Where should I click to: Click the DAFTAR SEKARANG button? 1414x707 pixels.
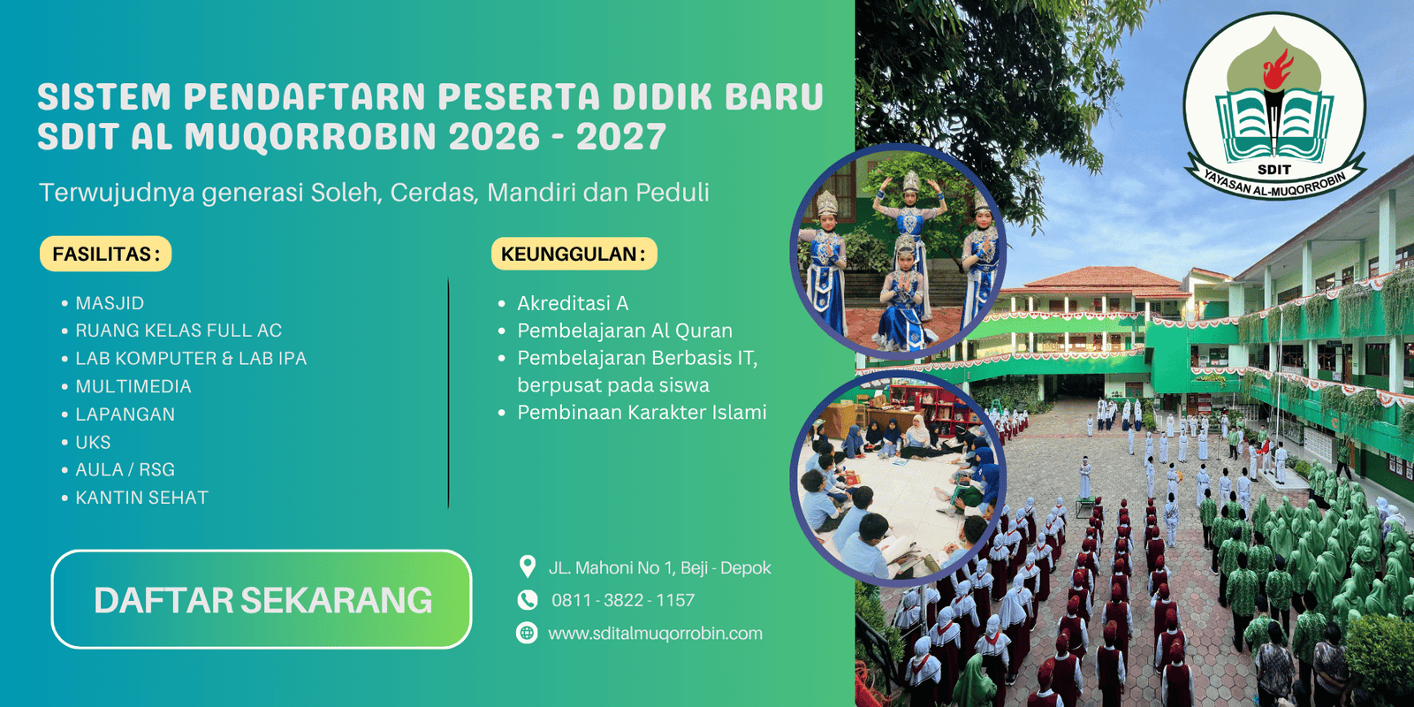262,599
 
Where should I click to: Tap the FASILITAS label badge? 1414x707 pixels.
105,254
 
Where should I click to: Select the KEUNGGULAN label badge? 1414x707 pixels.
574,254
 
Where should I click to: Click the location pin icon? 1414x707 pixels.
527,566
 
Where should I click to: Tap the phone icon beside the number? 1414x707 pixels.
527,600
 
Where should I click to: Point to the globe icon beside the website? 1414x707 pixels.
527,633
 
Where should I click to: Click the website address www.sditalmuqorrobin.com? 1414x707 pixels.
655,633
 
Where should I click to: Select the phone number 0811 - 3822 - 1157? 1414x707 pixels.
623,600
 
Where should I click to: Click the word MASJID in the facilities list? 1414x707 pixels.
110,303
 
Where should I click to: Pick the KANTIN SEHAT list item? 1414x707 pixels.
142,498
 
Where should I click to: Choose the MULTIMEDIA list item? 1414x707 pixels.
133,386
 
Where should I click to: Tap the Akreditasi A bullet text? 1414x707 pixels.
573,304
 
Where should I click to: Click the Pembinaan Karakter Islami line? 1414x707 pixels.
642,412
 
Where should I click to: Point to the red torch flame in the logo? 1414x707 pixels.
1277,69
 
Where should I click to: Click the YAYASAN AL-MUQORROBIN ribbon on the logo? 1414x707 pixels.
1275,181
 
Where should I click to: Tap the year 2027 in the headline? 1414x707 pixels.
621,136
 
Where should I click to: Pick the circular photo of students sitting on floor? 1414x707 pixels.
897,480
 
